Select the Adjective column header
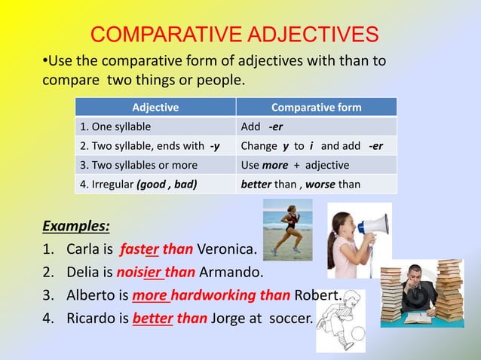click(x=155, y=107)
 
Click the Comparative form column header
click(x=316, y=107)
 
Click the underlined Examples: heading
click(x=76, y=225)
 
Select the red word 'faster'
click(x=141, y=249)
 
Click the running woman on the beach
click(x=288, y=228)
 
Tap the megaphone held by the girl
click(x=372, y=224)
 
